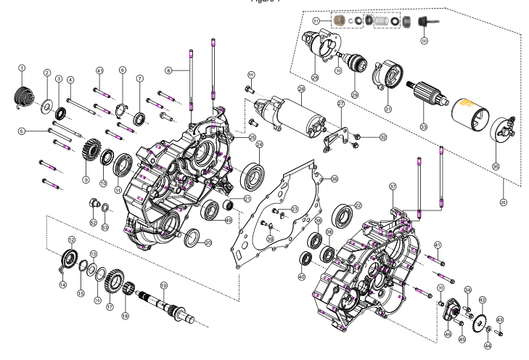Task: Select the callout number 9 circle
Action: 86,179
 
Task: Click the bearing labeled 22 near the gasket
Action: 343,216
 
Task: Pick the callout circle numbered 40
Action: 301,276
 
